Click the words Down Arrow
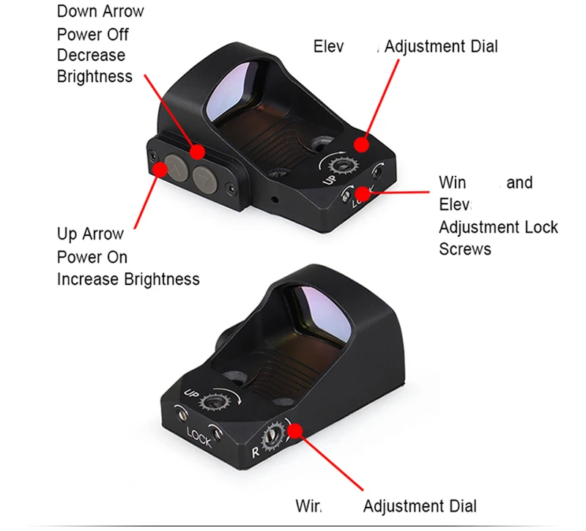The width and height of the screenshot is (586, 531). point(100,12)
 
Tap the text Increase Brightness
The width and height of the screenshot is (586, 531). point(128,279)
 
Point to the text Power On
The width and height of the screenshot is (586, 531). point(92,257)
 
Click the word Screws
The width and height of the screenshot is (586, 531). point(465,249)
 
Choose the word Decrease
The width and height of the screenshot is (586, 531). point(92,56)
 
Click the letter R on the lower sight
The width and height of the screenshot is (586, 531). point(256,452)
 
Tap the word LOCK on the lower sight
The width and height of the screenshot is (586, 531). point(199,438)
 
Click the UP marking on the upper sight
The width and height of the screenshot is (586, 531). point(329,178)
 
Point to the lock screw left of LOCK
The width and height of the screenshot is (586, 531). point(179,414)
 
